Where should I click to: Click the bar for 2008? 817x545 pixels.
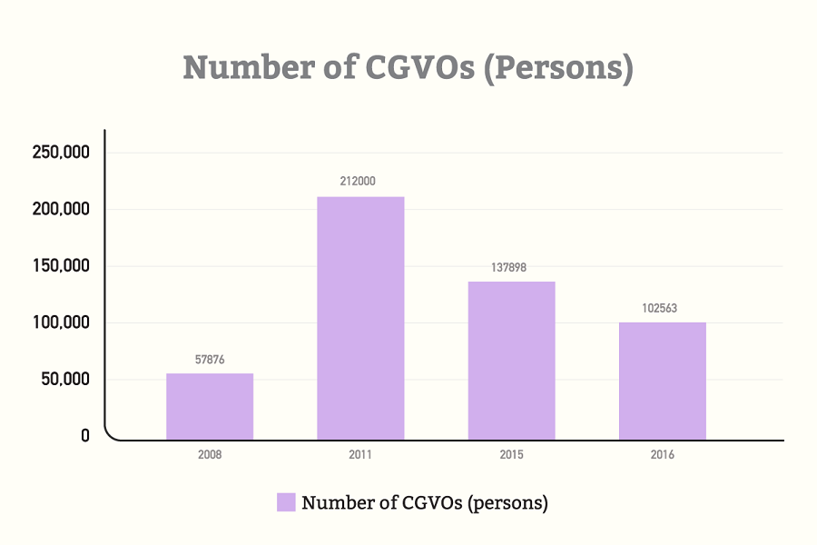click(210, 407)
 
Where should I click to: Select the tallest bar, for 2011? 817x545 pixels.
click(360, 318)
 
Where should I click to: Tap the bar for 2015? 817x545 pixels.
click(512, 361)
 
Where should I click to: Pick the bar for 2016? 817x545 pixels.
click(663, 381)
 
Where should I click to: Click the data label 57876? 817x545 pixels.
click(210, 360)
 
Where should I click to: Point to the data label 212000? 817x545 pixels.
click(358, 181)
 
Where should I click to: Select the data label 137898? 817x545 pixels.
click(508, 268)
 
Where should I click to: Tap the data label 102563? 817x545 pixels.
click(659, 308)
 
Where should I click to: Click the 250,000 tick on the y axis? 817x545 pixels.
click(61, 153)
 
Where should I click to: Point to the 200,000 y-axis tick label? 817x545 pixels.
click(61, 209)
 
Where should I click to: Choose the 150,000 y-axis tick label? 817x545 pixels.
click(61, 266)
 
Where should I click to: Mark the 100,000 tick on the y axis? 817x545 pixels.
click(61, 322)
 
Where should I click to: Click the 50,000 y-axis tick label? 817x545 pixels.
click(65, 379)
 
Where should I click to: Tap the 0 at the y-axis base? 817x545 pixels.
click(85, 436)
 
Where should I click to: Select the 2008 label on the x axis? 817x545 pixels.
click(210, 455)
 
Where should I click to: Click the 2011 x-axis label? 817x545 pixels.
click(360, 455)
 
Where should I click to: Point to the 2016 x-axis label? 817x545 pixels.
click(663, 455)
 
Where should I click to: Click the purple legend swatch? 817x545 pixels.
click(286, 502)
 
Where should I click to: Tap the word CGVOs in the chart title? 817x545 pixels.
click(420, 68)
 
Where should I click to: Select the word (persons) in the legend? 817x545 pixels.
click(508, 503)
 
